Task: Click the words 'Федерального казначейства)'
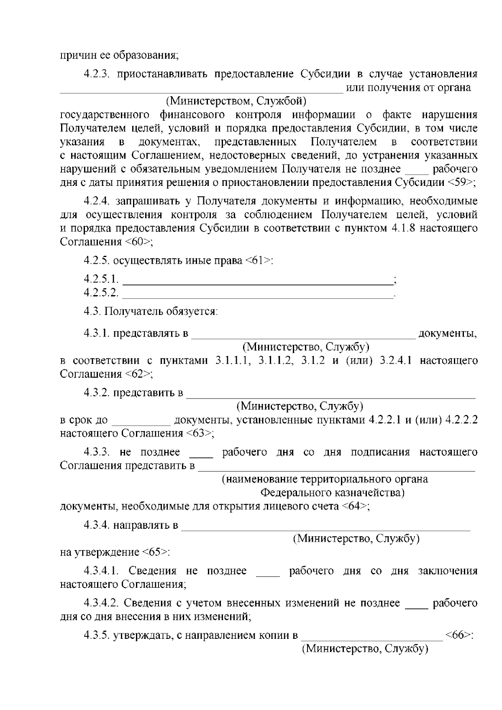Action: coord(333,492)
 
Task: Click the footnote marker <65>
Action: coord(155,552)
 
